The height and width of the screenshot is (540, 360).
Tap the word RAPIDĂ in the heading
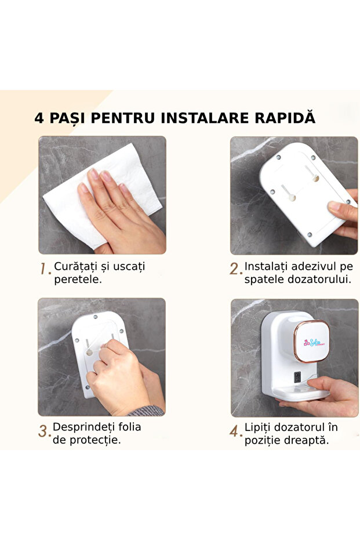[x=285, y=118]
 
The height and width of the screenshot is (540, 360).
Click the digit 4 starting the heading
[x=39, y=118]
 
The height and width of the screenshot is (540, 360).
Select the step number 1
[x=45, y=270]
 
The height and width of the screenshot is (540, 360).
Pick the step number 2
[x=235, y=269]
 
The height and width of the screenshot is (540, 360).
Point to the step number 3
[x=44, y=432]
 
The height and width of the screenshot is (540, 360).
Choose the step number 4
[x=235, y=432]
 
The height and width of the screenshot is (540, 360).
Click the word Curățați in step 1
[x=75, y=266]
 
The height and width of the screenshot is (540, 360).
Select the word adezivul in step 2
[x=310, y=266]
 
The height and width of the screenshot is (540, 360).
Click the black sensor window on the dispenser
[x=297, y=376]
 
